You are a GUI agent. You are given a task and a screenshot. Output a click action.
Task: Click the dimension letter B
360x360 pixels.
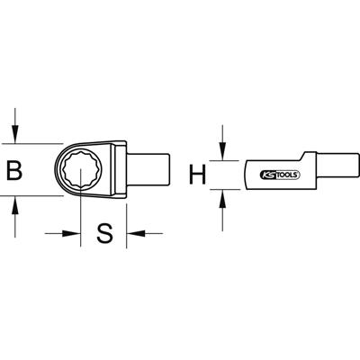[x=15, y=170]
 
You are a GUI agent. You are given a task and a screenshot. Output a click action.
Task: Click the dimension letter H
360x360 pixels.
[x=193, y=172]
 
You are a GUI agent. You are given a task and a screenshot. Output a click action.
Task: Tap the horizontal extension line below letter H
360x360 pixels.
[x=229, y=188]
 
